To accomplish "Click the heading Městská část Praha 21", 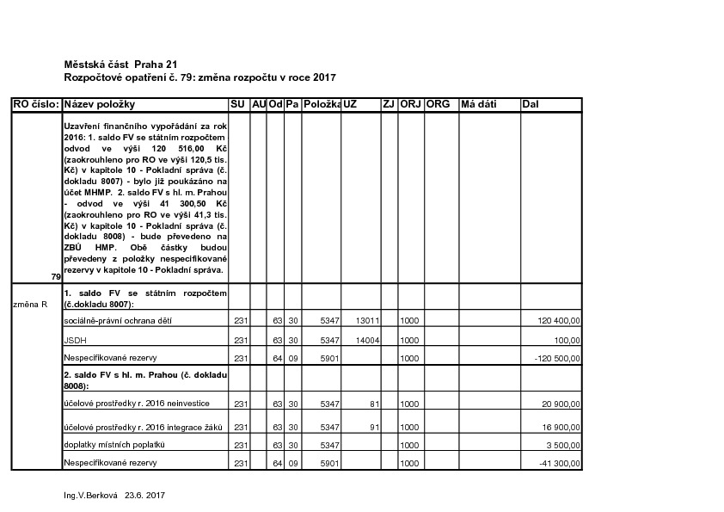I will coord(121,65).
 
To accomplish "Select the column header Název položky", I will coord(100,104).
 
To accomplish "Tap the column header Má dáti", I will coord(479,104).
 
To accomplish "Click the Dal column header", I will coord(531,104).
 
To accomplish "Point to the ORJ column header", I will coord(410,104).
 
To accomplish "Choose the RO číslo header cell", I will coord(35,104).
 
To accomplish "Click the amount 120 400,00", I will coord(559,321).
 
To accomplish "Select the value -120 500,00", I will coord(556,358).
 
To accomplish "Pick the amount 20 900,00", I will coord(561,404).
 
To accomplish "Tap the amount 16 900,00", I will coord(561,427).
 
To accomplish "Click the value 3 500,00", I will coord(564,446).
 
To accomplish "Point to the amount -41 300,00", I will coord(559,464).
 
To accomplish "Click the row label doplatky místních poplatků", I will coord(114,445).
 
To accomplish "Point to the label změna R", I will coord(30,304).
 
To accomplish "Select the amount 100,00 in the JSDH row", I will coord(568,340).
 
